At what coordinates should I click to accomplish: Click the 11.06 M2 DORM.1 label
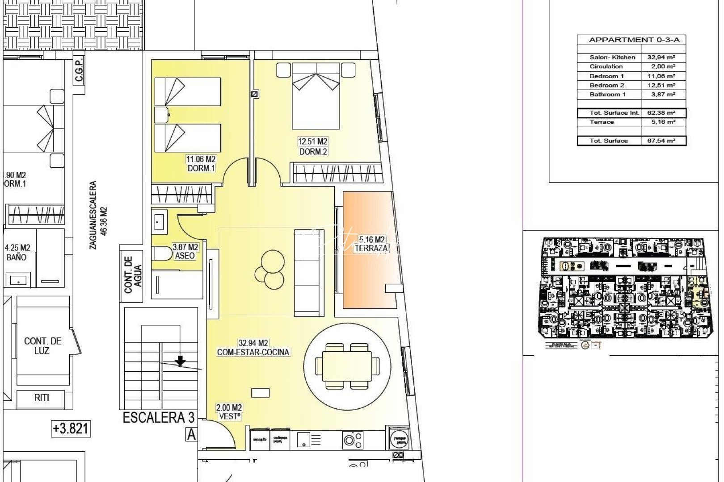201,163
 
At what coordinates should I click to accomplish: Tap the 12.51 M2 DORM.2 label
313,146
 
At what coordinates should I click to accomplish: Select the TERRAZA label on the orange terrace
371,248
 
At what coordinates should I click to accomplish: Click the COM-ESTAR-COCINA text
253,352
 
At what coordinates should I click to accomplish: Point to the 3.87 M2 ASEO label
185,251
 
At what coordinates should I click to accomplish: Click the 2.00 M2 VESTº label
229,411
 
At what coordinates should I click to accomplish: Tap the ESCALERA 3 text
159,418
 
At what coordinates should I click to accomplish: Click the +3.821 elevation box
71,428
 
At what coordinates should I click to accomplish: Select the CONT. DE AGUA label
132,275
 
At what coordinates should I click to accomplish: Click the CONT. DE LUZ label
42,345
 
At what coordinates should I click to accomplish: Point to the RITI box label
42,398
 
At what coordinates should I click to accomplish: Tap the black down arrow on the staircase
180,361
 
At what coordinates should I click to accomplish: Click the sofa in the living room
308,272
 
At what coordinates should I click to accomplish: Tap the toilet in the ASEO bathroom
162,253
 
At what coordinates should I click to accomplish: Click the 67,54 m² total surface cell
661,141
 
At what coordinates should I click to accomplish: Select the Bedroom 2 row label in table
606,85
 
